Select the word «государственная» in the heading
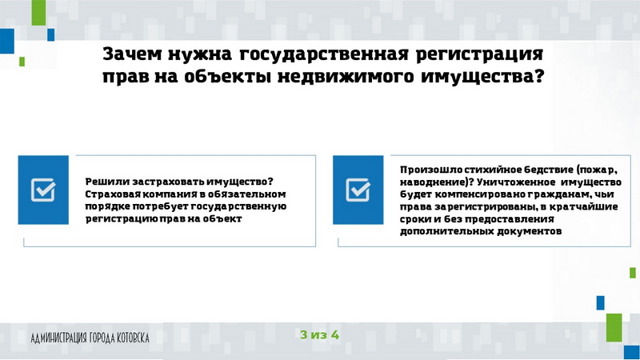point(324,54)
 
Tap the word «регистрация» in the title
point(479,55)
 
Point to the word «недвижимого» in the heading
point(346,77)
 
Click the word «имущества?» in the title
point(482,77)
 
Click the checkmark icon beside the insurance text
point(43,190)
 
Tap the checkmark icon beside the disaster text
point(358,190)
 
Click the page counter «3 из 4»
point(319,334)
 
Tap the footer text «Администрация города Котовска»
point(90,338)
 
